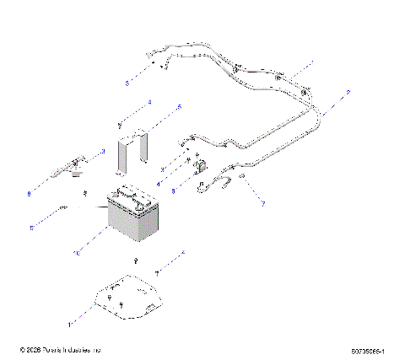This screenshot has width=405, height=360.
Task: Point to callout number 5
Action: (178, 108)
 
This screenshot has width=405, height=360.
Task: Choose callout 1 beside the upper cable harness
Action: (311, 62)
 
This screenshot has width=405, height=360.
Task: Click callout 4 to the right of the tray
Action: (183, 253)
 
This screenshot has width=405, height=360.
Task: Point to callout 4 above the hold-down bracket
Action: (149, 102)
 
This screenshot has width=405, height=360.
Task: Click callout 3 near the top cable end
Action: (127, 83)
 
